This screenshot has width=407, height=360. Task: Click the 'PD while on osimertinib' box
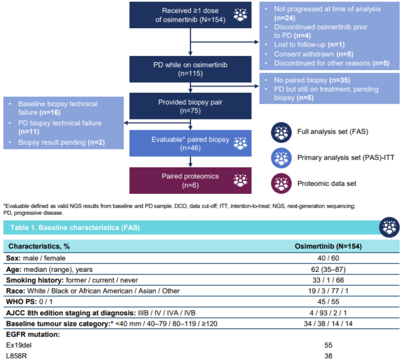coord(190,69)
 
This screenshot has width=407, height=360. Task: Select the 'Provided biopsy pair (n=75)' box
coord(190,106)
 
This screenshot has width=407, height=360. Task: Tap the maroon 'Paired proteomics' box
coord(190,181)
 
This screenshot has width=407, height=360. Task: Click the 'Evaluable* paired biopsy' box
coord(190,144)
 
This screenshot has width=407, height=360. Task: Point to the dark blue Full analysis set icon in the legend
coord(281,132)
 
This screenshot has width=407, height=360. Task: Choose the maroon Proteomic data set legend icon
coord(281,184)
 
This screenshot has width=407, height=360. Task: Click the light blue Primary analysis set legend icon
coord(281,158)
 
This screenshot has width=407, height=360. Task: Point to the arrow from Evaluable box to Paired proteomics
coord(190,162)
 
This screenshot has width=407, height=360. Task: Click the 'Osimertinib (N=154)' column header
coord(328,246)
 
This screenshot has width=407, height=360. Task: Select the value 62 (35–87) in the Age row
coord(328,269)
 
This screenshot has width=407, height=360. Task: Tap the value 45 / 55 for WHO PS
coord(328,302)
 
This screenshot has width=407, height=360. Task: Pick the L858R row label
coord(16,356)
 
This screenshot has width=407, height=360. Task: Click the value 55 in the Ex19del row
coord(328,345)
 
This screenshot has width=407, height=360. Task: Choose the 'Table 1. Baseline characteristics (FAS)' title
coord(75,228)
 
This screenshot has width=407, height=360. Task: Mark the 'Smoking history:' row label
coord(35,280)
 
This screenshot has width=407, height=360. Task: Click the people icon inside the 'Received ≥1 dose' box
coord(240,15)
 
